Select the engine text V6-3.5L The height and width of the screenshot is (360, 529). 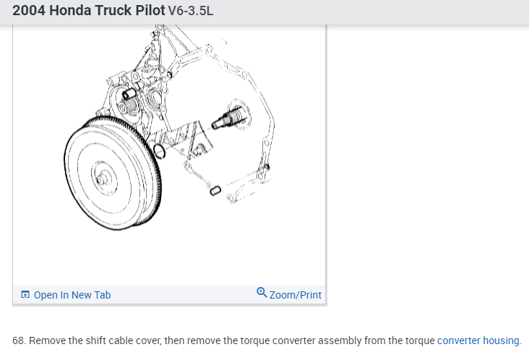click(190, 12)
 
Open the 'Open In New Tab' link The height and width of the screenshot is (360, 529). click(72, 295)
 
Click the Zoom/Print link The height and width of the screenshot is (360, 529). click(295, 295)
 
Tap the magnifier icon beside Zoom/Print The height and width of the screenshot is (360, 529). click(262, 293)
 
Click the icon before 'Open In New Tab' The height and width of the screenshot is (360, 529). click(25, 295)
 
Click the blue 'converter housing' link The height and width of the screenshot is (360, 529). click(478, 340)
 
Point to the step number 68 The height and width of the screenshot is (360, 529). click(19, 340)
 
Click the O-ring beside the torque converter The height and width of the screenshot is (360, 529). click(160, 152)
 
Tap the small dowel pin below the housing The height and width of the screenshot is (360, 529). click(215, 190)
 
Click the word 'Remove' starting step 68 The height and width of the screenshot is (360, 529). click(46, 340)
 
